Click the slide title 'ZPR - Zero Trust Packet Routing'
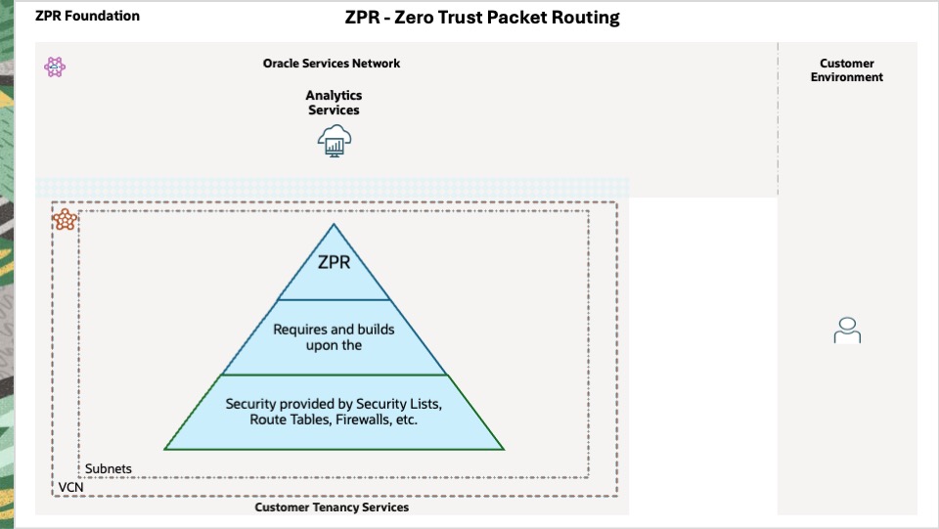482,18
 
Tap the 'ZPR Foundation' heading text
87,16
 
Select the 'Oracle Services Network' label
332,64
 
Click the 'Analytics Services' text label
334,103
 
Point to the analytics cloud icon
335,141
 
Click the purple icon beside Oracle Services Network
55,66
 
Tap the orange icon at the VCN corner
65,219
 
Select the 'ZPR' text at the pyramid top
334,262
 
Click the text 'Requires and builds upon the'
334,337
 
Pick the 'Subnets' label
109,469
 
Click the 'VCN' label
70,487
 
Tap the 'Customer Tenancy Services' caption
332,507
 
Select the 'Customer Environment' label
847,70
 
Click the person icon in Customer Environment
847,331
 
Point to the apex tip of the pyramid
334,226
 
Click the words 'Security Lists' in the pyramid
400,404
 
